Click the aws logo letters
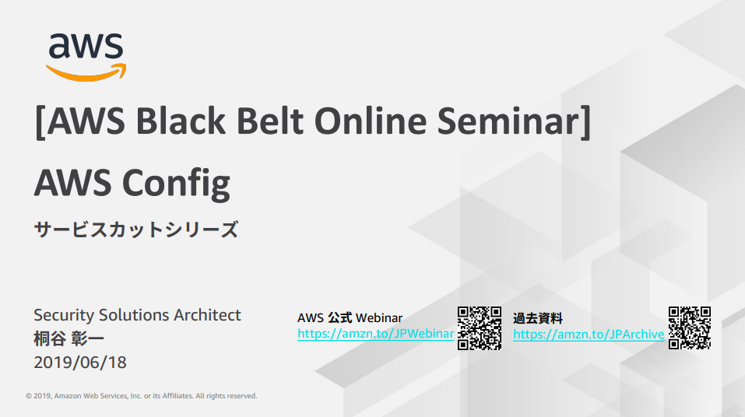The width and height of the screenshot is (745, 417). pyautogui.click(x=86, y=46)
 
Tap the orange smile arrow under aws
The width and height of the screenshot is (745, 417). pyautogui.click(x=86, y=74)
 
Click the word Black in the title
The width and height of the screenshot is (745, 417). pyautogui.click(x=181, y=121)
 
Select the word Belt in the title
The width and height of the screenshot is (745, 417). pyautogui.click(x=270, y=121)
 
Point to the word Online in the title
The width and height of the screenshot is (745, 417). pyautogui.click(x=371, y=121)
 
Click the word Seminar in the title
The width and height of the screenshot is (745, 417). pyautogui.click(x=508, y=121)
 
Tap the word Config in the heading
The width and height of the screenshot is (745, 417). pyautogui.click(x=176, y=184)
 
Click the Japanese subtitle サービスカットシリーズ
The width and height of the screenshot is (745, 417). pyautogui.click(x=136, y=230)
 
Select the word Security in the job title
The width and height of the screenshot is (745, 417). pyautogui.click(x=64, y=315)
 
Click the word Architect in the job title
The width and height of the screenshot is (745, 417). pyautogui.click(x=207, y=315)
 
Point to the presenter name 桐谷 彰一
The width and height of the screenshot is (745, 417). pyautogui.click(x=69, y=339)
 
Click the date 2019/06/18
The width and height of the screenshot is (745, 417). pyautogui.click(x=80, y=363)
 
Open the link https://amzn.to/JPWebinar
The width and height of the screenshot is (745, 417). pyautogui.click(x=376, y=334)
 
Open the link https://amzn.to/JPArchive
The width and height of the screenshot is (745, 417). pyautogui.click(x=589, y=335)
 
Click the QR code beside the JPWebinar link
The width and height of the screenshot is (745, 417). pyautogui.click(x=480, y=328)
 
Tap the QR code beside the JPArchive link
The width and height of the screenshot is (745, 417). pyautogui.click(x=690, y=328)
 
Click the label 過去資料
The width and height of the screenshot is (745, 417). pyautogui.click(x=538, y=318)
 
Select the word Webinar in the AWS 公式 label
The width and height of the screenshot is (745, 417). pyautogui.click(x=379, y=317)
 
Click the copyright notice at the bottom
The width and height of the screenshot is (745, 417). pyautogui.click(x=142, y=396)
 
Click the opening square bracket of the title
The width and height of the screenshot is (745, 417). pyautogui.click(x=40, y=123)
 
